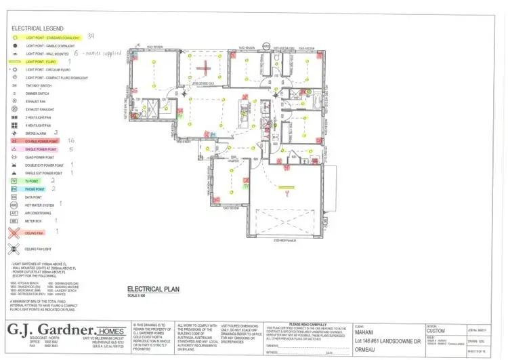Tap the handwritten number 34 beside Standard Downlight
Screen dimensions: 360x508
coord(91,36)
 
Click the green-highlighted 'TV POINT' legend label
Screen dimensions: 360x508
coord(32,181)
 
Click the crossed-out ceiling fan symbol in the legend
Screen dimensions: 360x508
coord(14,232)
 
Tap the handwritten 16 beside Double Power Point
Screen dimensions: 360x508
coord(71,140)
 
